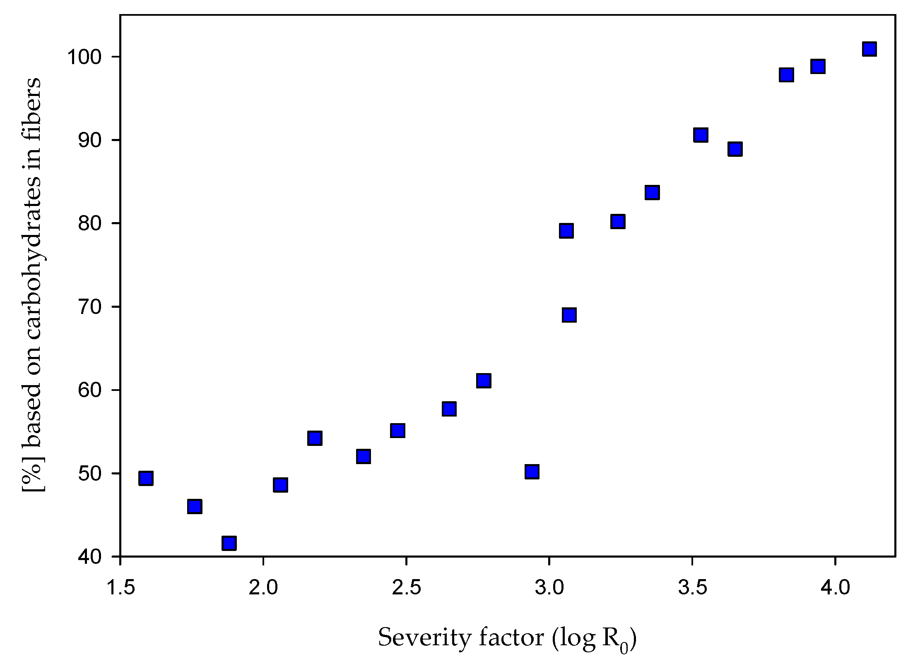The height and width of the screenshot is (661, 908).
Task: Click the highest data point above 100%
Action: click(869, 49)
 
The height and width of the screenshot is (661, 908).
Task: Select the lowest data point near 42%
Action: click(229, 543)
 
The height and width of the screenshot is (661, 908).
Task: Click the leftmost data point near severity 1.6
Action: click(146, 478)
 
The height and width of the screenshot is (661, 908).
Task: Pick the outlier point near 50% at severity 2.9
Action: click(532, 472)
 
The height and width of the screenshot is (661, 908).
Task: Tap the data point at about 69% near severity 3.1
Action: click(569, 315)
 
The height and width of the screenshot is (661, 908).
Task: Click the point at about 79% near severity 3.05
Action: click(566, 231)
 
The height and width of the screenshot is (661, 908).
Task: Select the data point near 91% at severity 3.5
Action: click(700, 135)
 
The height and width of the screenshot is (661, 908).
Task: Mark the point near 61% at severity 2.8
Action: click(484, 380)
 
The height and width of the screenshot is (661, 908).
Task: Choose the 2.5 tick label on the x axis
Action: click(406, 587)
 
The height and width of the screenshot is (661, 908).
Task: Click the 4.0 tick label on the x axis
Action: click(835, 587)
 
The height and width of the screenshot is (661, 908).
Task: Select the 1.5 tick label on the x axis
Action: click(120, 587)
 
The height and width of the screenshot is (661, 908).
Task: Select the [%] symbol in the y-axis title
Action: click(32, 476)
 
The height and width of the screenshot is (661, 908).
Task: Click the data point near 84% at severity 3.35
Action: click(652, 193)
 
